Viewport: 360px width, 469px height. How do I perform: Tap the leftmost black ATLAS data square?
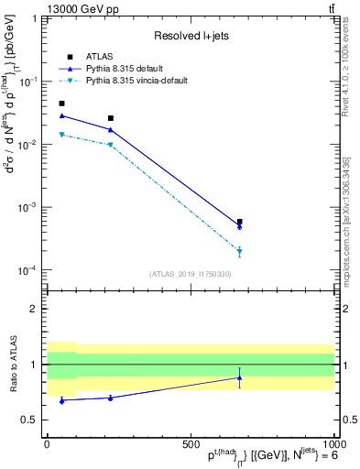(61, 104)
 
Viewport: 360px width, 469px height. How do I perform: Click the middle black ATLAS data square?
(111, 118)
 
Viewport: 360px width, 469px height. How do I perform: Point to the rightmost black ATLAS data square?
(239, 222)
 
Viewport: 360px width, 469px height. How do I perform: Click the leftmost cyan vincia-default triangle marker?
(61, 135)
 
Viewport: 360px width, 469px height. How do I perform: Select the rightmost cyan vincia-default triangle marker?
(239, 250)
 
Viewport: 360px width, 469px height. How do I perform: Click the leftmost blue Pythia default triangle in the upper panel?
(61, 115)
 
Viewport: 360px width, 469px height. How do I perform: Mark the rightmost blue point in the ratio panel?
(239, 377)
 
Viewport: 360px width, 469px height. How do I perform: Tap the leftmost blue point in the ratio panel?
(61, 400)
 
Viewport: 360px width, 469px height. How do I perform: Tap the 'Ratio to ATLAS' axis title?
(12, 365)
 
